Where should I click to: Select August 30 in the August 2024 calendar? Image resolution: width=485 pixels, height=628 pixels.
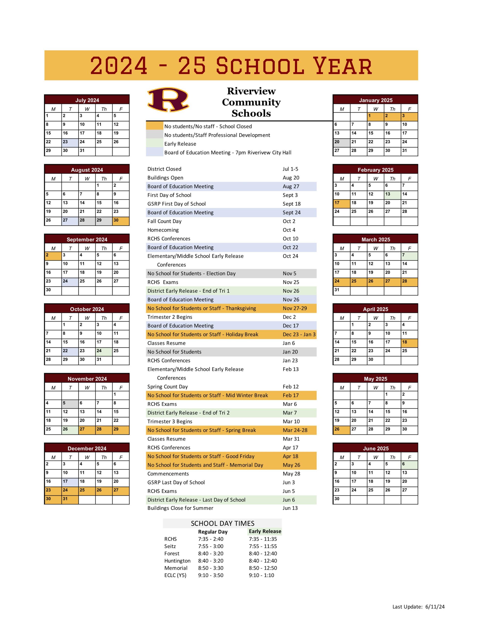121,221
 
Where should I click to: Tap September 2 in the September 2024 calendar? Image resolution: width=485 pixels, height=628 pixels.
53,256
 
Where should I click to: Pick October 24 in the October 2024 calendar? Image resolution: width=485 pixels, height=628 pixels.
104,352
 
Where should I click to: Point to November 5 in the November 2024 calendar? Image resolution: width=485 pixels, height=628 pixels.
70,404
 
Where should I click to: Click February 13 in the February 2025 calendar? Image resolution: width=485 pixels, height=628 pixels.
392,195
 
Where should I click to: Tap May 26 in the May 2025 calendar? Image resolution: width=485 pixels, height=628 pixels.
342,430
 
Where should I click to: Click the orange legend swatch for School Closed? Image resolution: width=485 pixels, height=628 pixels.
154,126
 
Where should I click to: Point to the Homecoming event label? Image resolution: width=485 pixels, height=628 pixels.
163,230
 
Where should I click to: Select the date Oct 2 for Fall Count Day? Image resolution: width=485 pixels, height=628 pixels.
289,221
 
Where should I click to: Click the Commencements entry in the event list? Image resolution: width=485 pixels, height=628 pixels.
168,474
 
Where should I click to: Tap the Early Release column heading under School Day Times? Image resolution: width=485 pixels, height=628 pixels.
265,531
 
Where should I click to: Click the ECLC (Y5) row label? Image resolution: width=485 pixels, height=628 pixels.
175,575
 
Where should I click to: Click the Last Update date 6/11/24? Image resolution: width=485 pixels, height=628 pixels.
435,607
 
